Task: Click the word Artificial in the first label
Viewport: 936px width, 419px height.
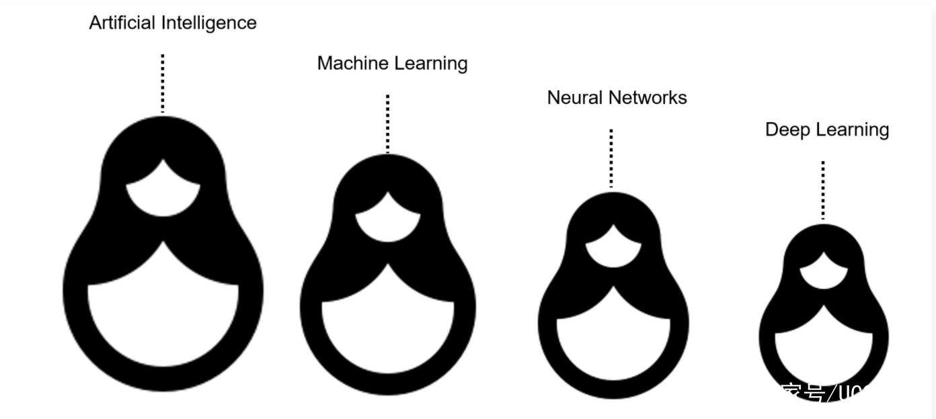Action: [x=123, y=23]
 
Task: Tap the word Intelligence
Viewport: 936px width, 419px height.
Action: [x=209, y=24]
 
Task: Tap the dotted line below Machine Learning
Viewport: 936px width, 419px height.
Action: [x=388, y=124]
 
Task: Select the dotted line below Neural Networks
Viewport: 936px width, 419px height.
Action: [x=611, y=158]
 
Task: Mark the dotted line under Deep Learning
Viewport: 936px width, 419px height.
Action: [x=823, y=190]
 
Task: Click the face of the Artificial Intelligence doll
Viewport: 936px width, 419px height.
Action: [x=163, y=195]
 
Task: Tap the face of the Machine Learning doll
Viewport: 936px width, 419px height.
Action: [x=388, y=222]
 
